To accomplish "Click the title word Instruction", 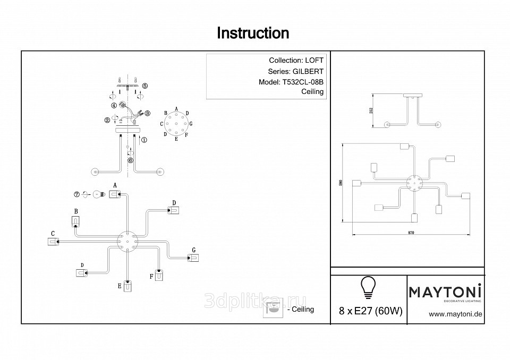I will coord(253,33).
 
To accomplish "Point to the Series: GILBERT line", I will coord(296,71).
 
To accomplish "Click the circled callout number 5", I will coord(145,85).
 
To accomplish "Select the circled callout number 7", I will coord(76,195).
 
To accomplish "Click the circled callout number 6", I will coord(131,160).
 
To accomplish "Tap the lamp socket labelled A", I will coord(114,194).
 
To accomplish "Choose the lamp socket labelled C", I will coord(53,242).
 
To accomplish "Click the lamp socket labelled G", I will coord(194,258).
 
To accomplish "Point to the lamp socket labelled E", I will coord(127,285).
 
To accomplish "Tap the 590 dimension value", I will coord(340,183).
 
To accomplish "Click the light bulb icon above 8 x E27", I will coord(368,287).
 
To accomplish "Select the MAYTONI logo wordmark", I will coord(445,291).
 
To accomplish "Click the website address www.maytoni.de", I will coord(455,314).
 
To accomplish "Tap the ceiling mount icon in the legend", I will coord(273,310).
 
